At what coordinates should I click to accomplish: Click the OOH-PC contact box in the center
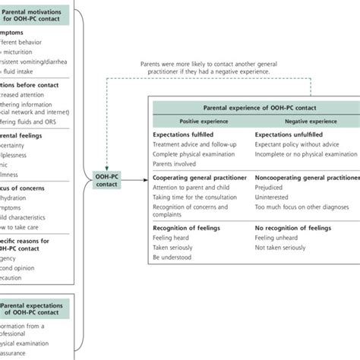pos(106,180)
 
